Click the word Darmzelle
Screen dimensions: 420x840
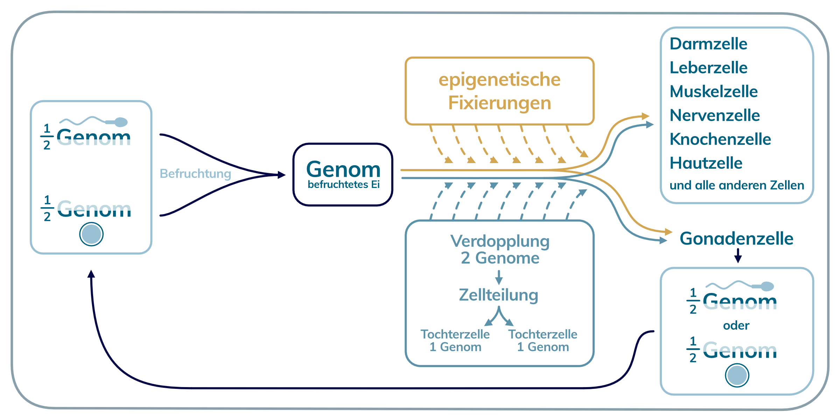(708, 44)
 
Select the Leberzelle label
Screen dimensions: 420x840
(708, 68)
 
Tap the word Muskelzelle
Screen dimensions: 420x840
(713, 92)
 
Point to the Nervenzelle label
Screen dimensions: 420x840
(714, 115)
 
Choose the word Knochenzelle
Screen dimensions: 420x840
(720, 139)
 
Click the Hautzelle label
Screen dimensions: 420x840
(706, 163)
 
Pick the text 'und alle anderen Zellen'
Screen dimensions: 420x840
(736, 185)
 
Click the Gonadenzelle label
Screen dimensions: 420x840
(736, 239)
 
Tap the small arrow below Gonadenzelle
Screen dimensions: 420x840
(738, 256)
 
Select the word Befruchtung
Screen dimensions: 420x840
(195, 174)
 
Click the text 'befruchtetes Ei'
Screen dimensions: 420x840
(343, 184)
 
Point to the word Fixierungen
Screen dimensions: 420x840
(499, 103)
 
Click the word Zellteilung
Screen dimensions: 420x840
(498, 295)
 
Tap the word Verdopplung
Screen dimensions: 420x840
(500, 241)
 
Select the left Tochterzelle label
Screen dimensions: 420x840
(455, 334)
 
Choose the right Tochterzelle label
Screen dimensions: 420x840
(543, 334)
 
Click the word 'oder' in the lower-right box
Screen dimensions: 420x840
(736, 325)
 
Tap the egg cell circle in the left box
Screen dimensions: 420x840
(91, 234)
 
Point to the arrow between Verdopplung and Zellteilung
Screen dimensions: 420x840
(499, 277)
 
